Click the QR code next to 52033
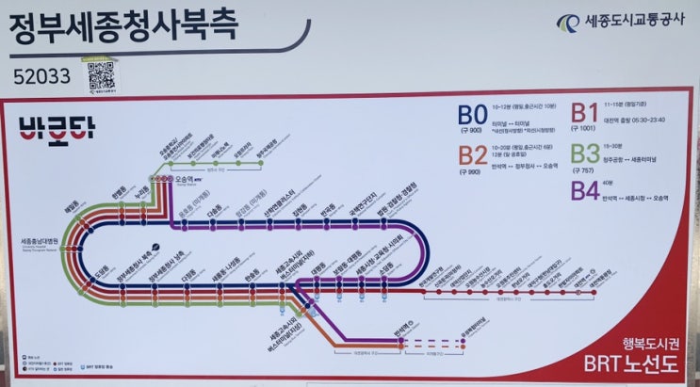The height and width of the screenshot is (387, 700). click(103, 75)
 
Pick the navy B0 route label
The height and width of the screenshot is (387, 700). click(473, 115)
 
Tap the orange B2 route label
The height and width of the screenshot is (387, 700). click(474, 154)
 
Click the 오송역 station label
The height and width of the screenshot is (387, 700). click(187, 176)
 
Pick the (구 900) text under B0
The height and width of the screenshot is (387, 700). click(472, 130)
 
